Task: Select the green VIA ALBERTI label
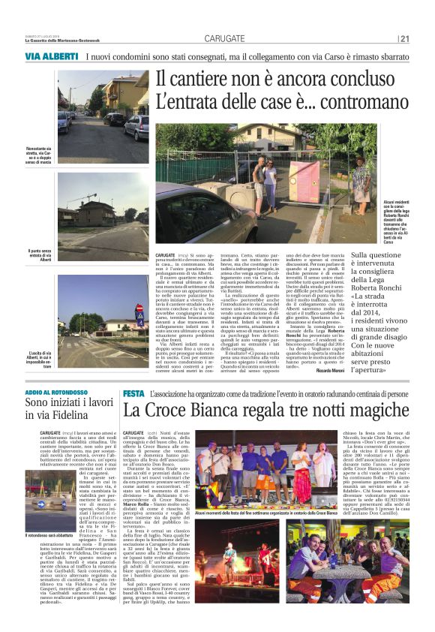click(51, 57)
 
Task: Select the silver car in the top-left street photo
click(136, 128)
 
